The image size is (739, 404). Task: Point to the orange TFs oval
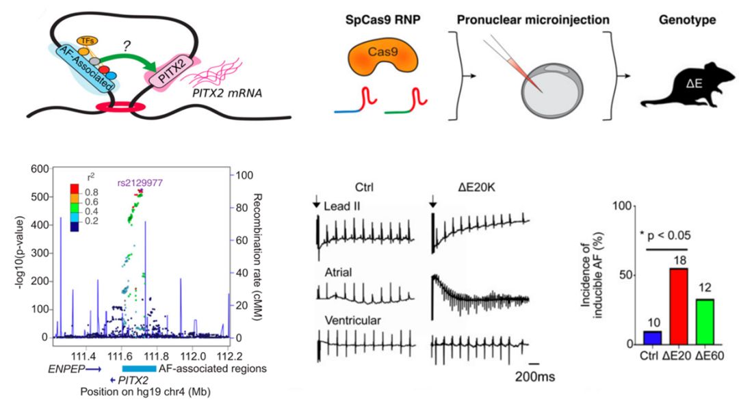87,42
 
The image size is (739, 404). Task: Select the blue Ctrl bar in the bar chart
652,338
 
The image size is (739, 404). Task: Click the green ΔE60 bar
705,321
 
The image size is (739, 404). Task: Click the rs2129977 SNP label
140,183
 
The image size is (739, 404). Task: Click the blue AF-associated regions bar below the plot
139,368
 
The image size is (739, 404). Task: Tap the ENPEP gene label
65,369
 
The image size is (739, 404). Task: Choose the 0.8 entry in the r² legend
92,192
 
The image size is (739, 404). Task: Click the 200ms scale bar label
534,377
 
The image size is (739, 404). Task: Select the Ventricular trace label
352,321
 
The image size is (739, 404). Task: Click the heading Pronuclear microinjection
533,20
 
